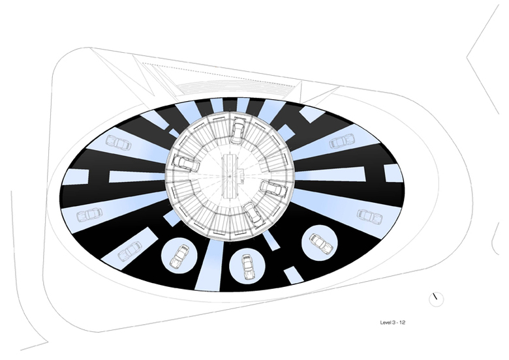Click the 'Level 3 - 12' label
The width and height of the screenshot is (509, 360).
click(393, 322)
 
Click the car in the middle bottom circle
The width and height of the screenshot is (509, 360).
click(248, 266)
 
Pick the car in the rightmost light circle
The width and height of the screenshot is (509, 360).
click(320, 243)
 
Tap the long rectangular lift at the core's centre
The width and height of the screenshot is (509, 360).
click(230, 176)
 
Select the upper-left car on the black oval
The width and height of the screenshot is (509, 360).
click(119, 142)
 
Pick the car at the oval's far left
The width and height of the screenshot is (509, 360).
click(89, 215)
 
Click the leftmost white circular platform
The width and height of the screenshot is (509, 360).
click(179, 256)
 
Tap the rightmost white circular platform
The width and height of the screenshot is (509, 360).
click(319, 244)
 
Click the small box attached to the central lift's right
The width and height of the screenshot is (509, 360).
click(242, 174)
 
